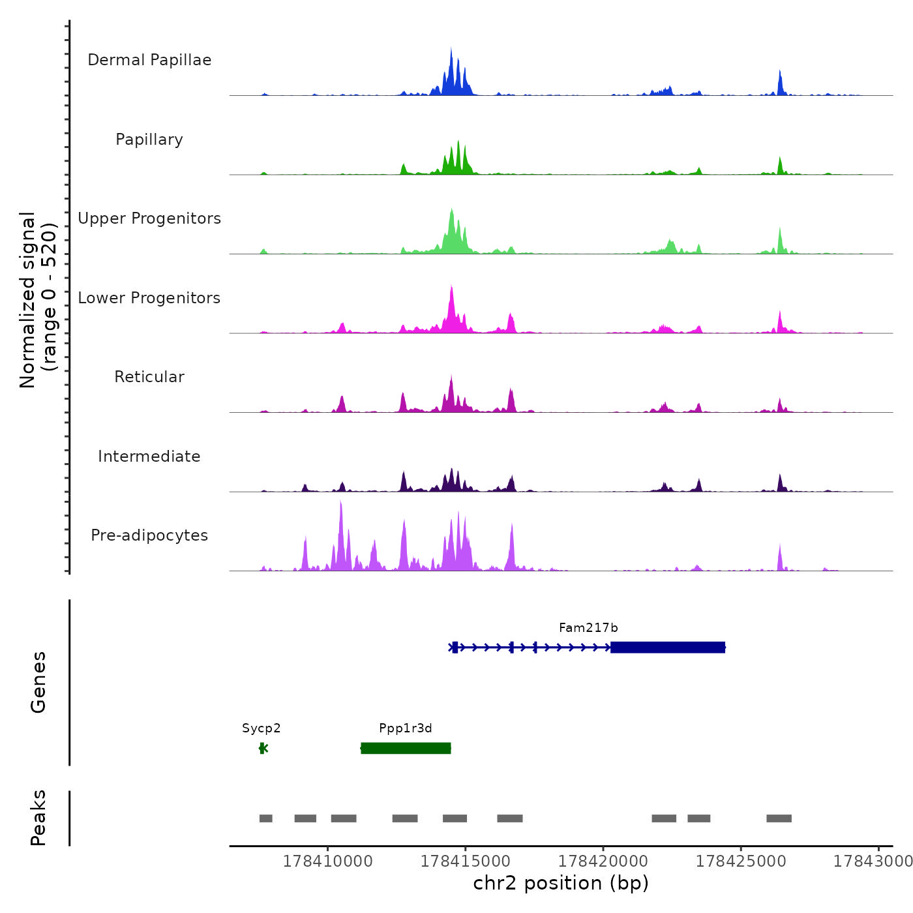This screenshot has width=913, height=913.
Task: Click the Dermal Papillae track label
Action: point(149,60)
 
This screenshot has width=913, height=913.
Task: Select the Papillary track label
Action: point(149,140)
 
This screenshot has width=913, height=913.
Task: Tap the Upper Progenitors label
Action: point(149,218)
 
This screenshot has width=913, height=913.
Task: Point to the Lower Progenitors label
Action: point(149,298)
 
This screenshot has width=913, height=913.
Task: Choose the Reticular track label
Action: point(149,377)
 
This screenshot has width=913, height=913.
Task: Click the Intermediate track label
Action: point(149,456)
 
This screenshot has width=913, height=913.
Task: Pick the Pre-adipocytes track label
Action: point(149,535)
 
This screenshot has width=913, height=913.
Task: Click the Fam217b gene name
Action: point(588,628)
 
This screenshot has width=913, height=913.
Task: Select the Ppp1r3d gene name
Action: point(406,728)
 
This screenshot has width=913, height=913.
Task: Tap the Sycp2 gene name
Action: point(262,728)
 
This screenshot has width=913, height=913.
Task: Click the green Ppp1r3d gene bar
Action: point(406,748)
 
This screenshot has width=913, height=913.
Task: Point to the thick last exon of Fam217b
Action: point(668,647)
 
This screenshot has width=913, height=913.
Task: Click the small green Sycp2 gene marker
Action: point(263,748)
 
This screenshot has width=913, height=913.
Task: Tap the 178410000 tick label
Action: point(328,861)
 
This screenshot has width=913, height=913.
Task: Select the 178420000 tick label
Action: point(603,861)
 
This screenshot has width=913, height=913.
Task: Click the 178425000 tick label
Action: point(741,861)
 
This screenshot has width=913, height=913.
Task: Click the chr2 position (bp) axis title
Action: point(561,883)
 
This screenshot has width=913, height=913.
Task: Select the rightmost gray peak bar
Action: point(779,818)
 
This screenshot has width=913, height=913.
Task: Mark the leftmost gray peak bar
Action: point(265,818)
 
